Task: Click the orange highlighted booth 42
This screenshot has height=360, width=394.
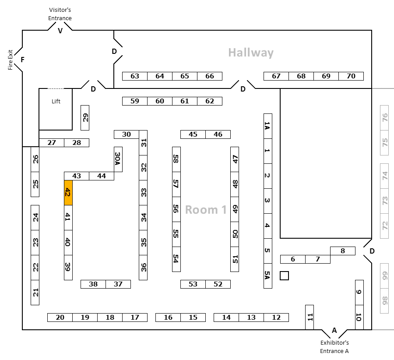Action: (68, 193)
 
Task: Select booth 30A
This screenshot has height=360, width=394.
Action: (118, 159)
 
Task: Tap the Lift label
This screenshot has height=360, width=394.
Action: (56, 101)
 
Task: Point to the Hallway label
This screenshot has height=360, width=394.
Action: (251, 53)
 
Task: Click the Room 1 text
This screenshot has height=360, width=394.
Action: (206, 210)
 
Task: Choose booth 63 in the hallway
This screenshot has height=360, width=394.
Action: (135, 76)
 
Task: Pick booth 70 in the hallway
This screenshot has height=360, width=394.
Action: (351, 76)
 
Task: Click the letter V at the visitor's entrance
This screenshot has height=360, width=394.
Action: (60, 31)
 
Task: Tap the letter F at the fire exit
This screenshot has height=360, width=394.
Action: (23, 60)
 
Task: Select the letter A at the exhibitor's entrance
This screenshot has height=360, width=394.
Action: (334, 330)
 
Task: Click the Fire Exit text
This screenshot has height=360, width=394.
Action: (11, 60)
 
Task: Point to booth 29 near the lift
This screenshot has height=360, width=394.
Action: (85, 118)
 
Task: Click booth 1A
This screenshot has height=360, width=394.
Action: (268, 126)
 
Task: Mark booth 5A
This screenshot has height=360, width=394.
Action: (268, 276)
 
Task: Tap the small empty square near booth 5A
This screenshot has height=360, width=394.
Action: (284, 276)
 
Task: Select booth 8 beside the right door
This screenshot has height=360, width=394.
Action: (343, 251)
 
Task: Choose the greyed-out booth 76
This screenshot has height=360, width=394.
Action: (384, 118)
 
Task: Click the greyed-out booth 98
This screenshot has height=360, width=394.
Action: (384, 301)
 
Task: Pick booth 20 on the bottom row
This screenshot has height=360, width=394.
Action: (60, 318)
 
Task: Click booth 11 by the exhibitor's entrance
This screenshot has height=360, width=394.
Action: (310, 317)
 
